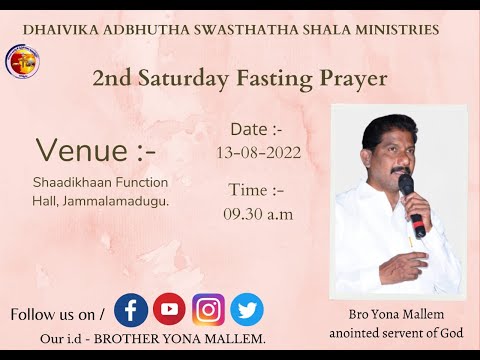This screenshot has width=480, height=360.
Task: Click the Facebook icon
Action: [131, 309]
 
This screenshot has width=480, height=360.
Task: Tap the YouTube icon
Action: [170, 309]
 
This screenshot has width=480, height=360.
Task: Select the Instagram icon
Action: [208, 309]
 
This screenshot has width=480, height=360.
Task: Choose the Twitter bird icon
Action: [247, 309]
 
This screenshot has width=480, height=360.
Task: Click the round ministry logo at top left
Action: [22, 62]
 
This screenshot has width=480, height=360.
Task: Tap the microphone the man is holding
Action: [411, 205]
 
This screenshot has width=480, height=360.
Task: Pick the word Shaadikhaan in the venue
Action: [70, 182]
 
